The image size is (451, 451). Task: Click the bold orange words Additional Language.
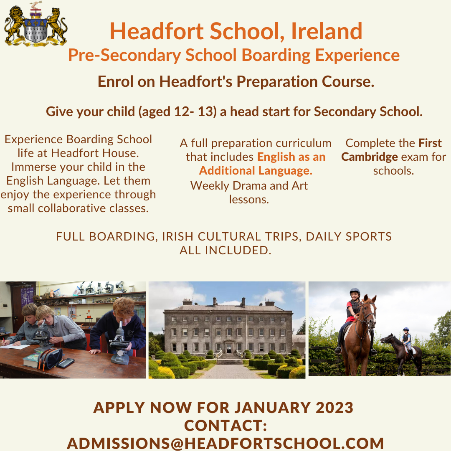coord(256,170)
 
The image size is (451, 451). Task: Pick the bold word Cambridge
coord(370,157)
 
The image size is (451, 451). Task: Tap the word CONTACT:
coord(225,426)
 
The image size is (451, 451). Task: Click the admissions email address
coord(225,443)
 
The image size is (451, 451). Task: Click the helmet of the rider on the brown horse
coord(355,291)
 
